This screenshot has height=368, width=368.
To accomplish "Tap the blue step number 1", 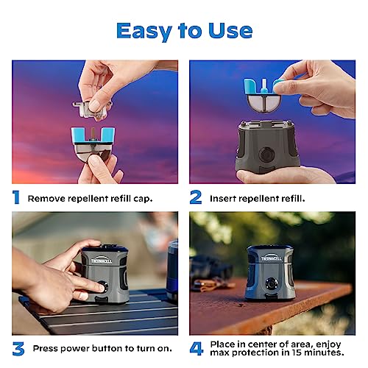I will pyautogui.click(x=16, y=197).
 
